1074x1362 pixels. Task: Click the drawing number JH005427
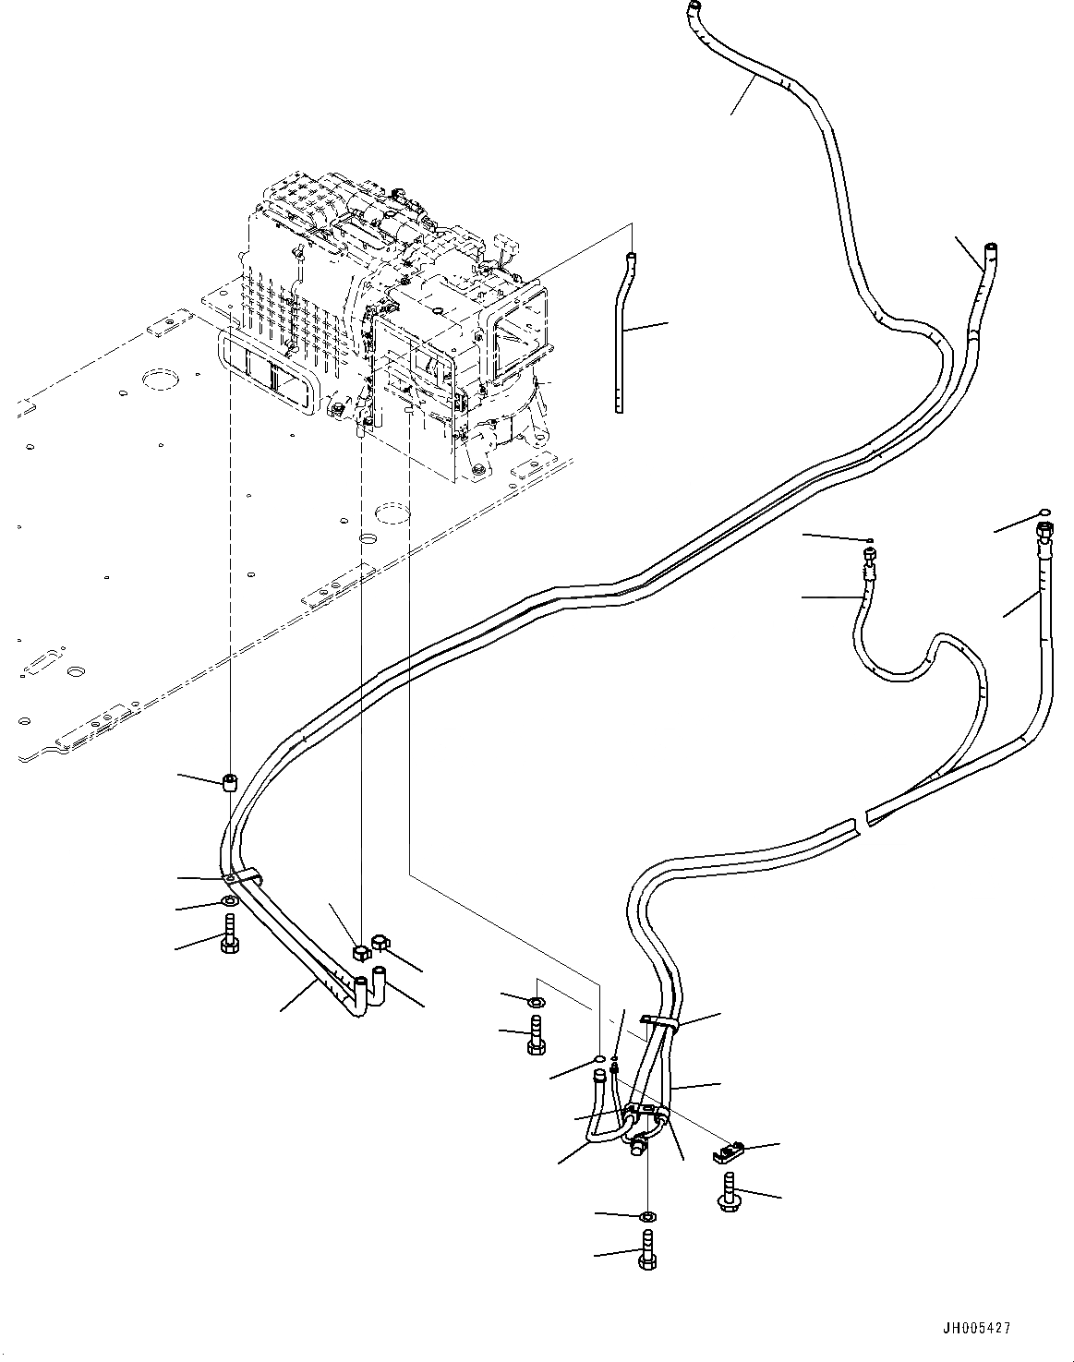click(976, 1328)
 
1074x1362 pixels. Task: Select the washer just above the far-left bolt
click(228, 900)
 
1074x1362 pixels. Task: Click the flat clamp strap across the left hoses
click(246, 874)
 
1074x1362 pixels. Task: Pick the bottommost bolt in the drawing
click(646, 1251)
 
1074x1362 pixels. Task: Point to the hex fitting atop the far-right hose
click(1044, 534)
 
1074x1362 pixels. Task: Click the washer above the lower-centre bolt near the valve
click(536, 1003)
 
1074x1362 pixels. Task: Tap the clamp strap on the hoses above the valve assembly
click(658, 1022)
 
